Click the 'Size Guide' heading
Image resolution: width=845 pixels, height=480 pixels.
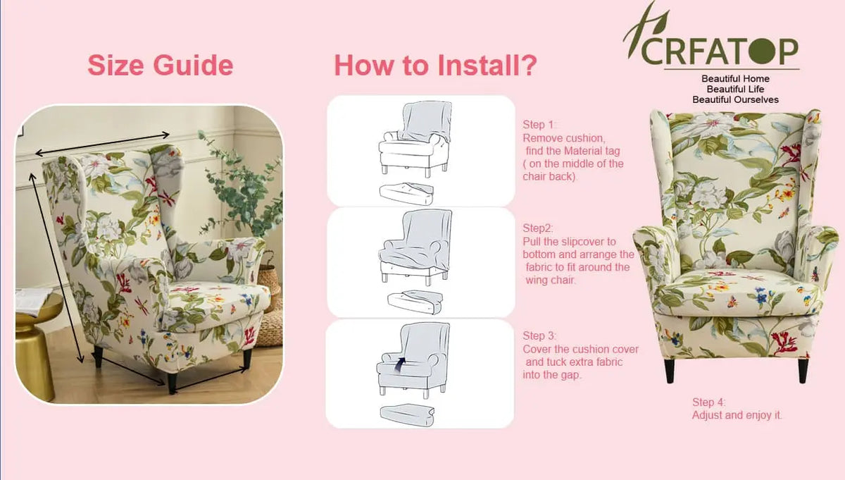pyautogui.click(x=161, y=66)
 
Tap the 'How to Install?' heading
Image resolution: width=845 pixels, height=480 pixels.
pyautogui.click(x=435, y=66)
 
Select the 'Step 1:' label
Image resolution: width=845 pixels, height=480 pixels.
pyautogui.click(x=539, y=125)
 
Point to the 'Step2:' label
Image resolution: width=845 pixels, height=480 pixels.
pyautogui.click(x=537, y=228)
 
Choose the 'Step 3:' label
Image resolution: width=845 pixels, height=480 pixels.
pyautogui.click(x=539, y=336)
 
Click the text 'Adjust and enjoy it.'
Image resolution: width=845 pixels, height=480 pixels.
pyautogui.click(x=737, y=415)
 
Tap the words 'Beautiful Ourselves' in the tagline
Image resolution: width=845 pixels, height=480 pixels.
pyautogui.click(x=735, y=99)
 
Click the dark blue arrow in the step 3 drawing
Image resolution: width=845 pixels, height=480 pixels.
pyautogui.click(x=399, y=364)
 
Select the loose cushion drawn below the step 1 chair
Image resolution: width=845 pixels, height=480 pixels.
pyautogui.click(x=406, y=194)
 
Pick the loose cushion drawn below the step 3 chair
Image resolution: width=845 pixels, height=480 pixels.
pyautogui.click(x=407, y=415)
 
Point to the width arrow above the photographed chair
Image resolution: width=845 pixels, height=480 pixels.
pyautogui.click(x=102, y=144)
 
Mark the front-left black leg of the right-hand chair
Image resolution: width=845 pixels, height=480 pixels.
pyautogui.click(x=670, y=371)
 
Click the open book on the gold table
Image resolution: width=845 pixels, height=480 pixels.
pyautogui.click(x=32, y=300)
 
